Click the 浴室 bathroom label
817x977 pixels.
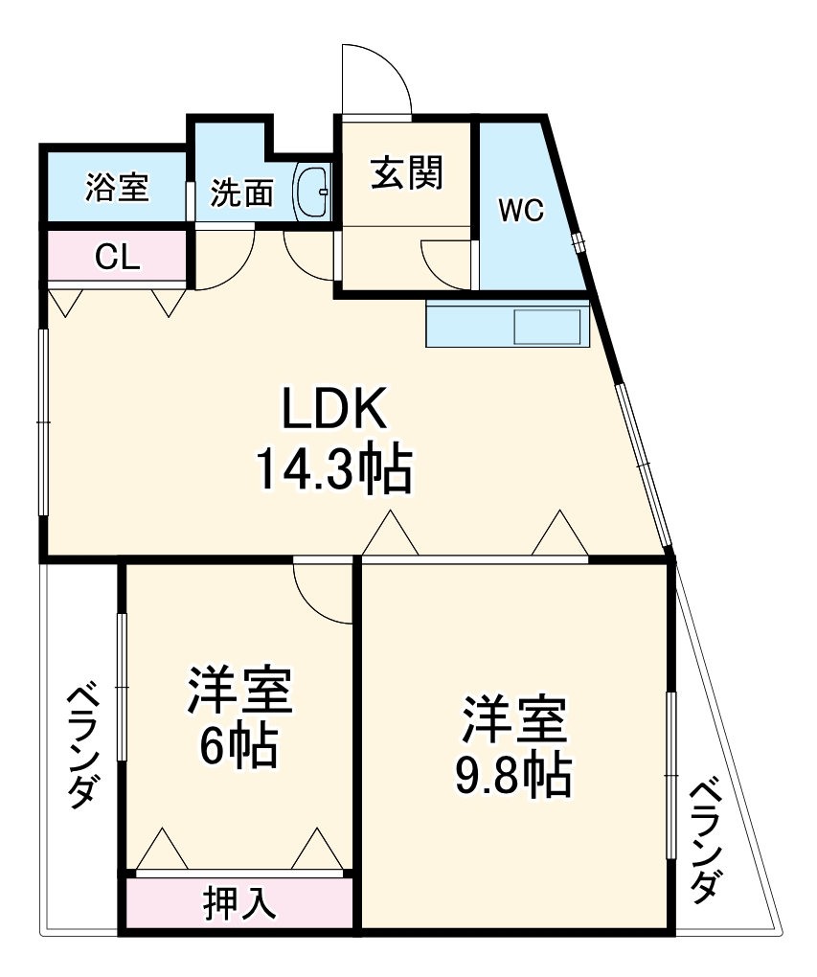point(117,187)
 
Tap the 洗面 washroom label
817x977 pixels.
point(241,193)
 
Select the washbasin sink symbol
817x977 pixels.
point(312,193)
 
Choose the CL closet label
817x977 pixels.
point(118,256)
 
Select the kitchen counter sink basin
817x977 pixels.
point(548,327)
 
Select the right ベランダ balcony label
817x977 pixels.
point(706,840)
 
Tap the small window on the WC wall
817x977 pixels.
point(578,242)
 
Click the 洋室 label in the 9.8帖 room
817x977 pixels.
point(515,721)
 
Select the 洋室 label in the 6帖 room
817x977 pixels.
point(238,692)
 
